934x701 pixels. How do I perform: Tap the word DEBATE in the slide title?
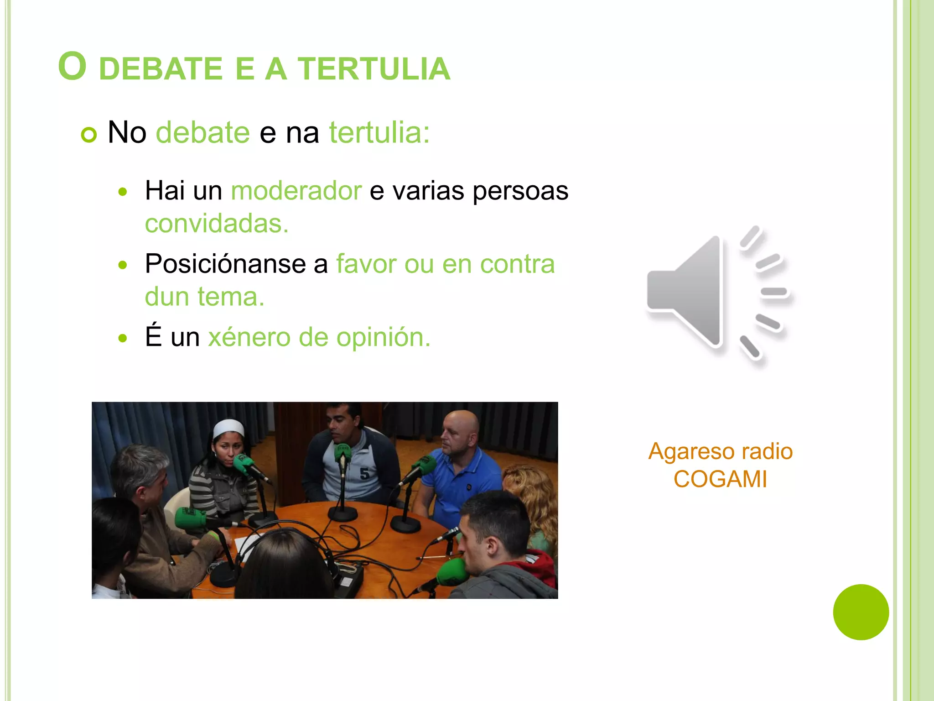161,69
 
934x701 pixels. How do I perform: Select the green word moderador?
296,190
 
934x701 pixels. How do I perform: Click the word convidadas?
217,224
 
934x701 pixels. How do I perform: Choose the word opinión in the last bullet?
383,337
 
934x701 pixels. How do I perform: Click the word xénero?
249,337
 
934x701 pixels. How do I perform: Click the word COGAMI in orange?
720,479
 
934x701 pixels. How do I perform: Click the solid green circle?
861,612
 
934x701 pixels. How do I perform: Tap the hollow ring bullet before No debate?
89,135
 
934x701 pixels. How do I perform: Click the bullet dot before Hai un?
122,192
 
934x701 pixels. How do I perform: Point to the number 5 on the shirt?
364,474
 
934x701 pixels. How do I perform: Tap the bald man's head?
461,422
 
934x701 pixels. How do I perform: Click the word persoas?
520,191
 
